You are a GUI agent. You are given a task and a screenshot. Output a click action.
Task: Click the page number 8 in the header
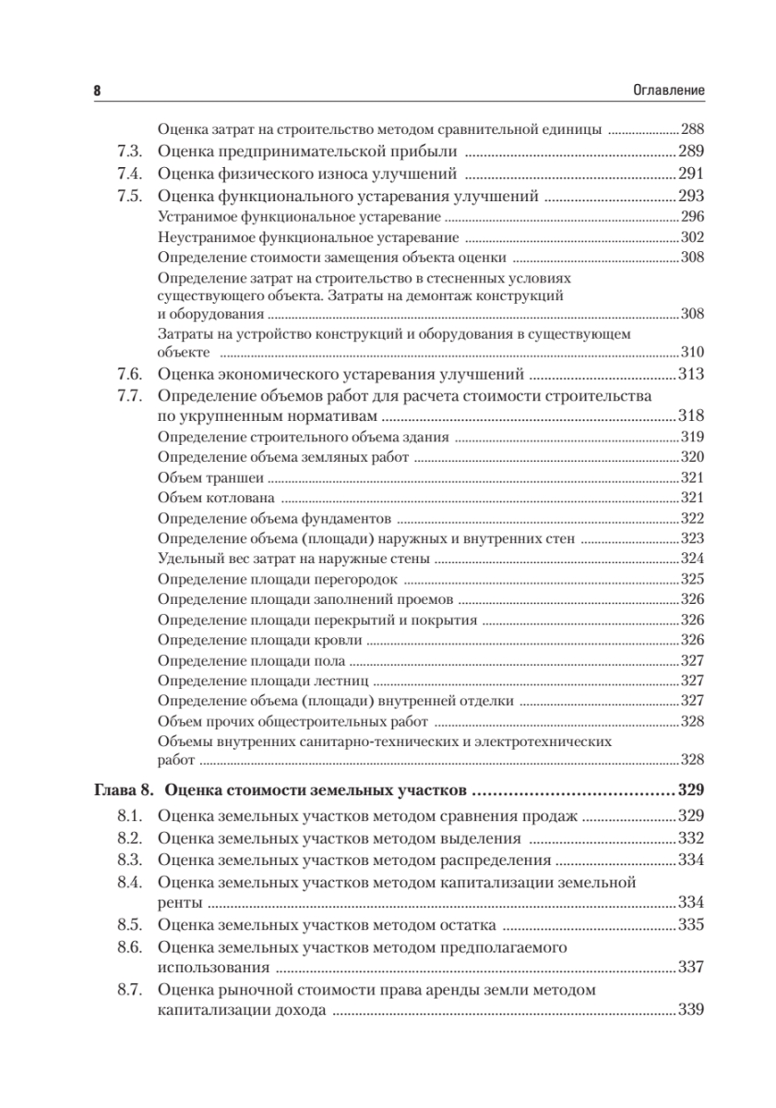(x=98, y=90)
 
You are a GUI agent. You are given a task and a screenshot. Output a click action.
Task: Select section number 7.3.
(x=130, y=151)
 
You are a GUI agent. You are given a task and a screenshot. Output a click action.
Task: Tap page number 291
(x=691, y=174)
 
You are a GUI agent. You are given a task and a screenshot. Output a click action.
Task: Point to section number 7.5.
(x=130, y=196)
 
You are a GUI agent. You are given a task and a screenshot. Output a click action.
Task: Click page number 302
(x=692, y=237)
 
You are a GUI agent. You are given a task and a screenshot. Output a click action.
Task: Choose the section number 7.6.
(x=130, y=374)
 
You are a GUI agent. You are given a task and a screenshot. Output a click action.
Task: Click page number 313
(x=691, y=374)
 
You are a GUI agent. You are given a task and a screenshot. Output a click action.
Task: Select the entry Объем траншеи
(x=210, y=477)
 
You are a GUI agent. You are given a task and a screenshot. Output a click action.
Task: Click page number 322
(x=692, y=518)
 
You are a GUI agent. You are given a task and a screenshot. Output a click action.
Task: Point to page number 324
(x=692, y=559)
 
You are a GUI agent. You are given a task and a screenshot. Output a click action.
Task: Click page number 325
(x=692, y=579)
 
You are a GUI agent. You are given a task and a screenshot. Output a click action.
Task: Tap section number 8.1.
(x=130, y=816)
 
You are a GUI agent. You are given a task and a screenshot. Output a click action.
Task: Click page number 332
(x=691, y=838)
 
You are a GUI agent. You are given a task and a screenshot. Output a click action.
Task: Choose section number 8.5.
(x=130, y=924)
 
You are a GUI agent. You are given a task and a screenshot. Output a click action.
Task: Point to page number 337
(x=691, y=968)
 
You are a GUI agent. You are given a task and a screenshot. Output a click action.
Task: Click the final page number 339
(x=691, y=1011)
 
